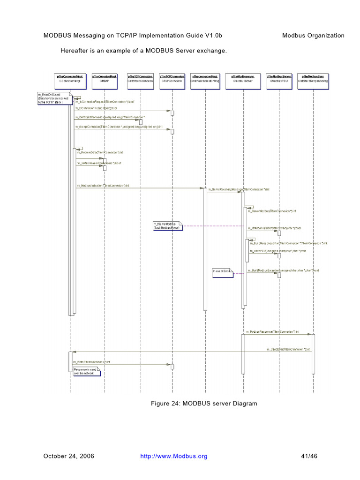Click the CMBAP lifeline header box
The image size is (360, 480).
(105, 79)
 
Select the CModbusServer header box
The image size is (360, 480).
(243, 79)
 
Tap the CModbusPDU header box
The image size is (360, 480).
(279, 79)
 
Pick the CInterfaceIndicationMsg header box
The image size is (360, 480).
(205, 79)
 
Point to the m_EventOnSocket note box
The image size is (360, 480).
(53, 98)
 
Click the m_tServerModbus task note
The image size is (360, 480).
(167, 226)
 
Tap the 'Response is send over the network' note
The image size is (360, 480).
(87, 372)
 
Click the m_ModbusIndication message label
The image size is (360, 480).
(103, 186)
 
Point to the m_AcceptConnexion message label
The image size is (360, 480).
(119, 127)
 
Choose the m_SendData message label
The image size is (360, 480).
(288, 349)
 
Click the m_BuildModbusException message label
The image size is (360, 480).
(284, 270)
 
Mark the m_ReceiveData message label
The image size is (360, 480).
(100, 152)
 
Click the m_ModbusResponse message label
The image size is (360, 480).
(272, 331)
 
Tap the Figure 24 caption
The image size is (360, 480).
(203, 404)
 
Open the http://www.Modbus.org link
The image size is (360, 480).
(174, 456)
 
